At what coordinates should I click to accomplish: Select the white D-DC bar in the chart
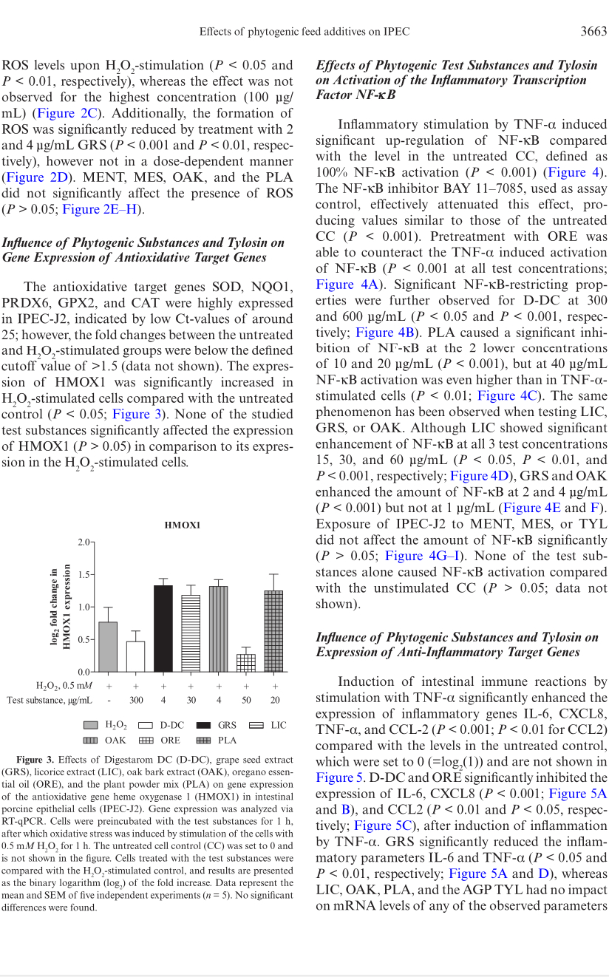135,656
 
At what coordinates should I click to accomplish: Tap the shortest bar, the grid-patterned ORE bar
246,662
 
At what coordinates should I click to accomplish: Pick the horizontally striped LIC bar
191,633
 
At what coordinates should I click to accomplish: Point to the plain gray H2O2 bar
108,647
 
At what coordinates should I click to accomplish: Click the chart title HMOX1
182,525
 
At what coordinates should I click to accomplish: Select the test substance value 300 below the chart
136,700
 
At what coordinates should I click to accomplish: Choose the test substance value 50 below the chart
246,700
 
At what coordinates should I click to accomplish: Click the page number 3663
593,31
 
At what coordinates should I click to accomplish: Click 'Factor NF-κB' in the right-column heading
355,95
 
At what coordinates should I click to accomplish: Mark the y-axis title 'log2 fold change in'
54,606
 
